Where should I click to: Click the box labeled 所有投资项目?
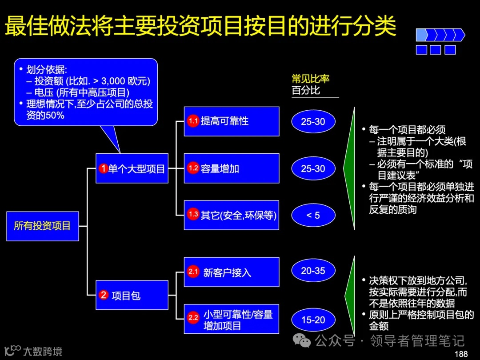pyautogui.click(x=43, y=226)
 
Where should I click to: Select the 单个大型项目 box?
pyautogui.click(x=132, y=168)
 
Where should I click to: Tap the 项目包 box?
pyautogui.click(x=132, y=295)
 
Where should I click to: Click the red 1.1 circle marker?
pyautogui.click(x=193, y=121)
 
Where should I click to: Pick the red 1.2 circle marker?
pyautogui.click(x=193, y=168)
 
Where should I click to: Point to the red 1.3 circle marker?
pyautogui.click(x=193, y=215)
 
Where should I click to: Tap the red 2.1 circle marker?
pyautogui.click(x=193, y=272)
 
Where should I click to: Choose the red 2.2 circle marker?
pyautogui.click(x=193, y=318)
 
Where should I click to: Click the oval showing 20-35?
pyautogui.click(x=313, y=271)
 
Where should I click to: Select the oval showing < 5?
pyautogui.click(x=313, y=216)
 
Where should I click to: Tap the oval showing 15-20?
pyautogui.click(x=313, y=320)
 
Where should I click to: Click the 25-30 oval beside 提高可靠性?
pyautogui.click(x=313, y=121)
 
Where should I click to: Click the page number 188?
pyautogui.click(x=461, y=354)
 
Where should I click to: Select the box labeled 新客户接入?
pyautogui.click(x=232, y=272)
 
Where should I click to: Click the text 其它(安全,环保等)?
pyautogui.click(x=239, y=215)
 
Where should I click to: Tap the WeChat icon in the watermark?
pyautogui.click(x=304, y=341)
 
